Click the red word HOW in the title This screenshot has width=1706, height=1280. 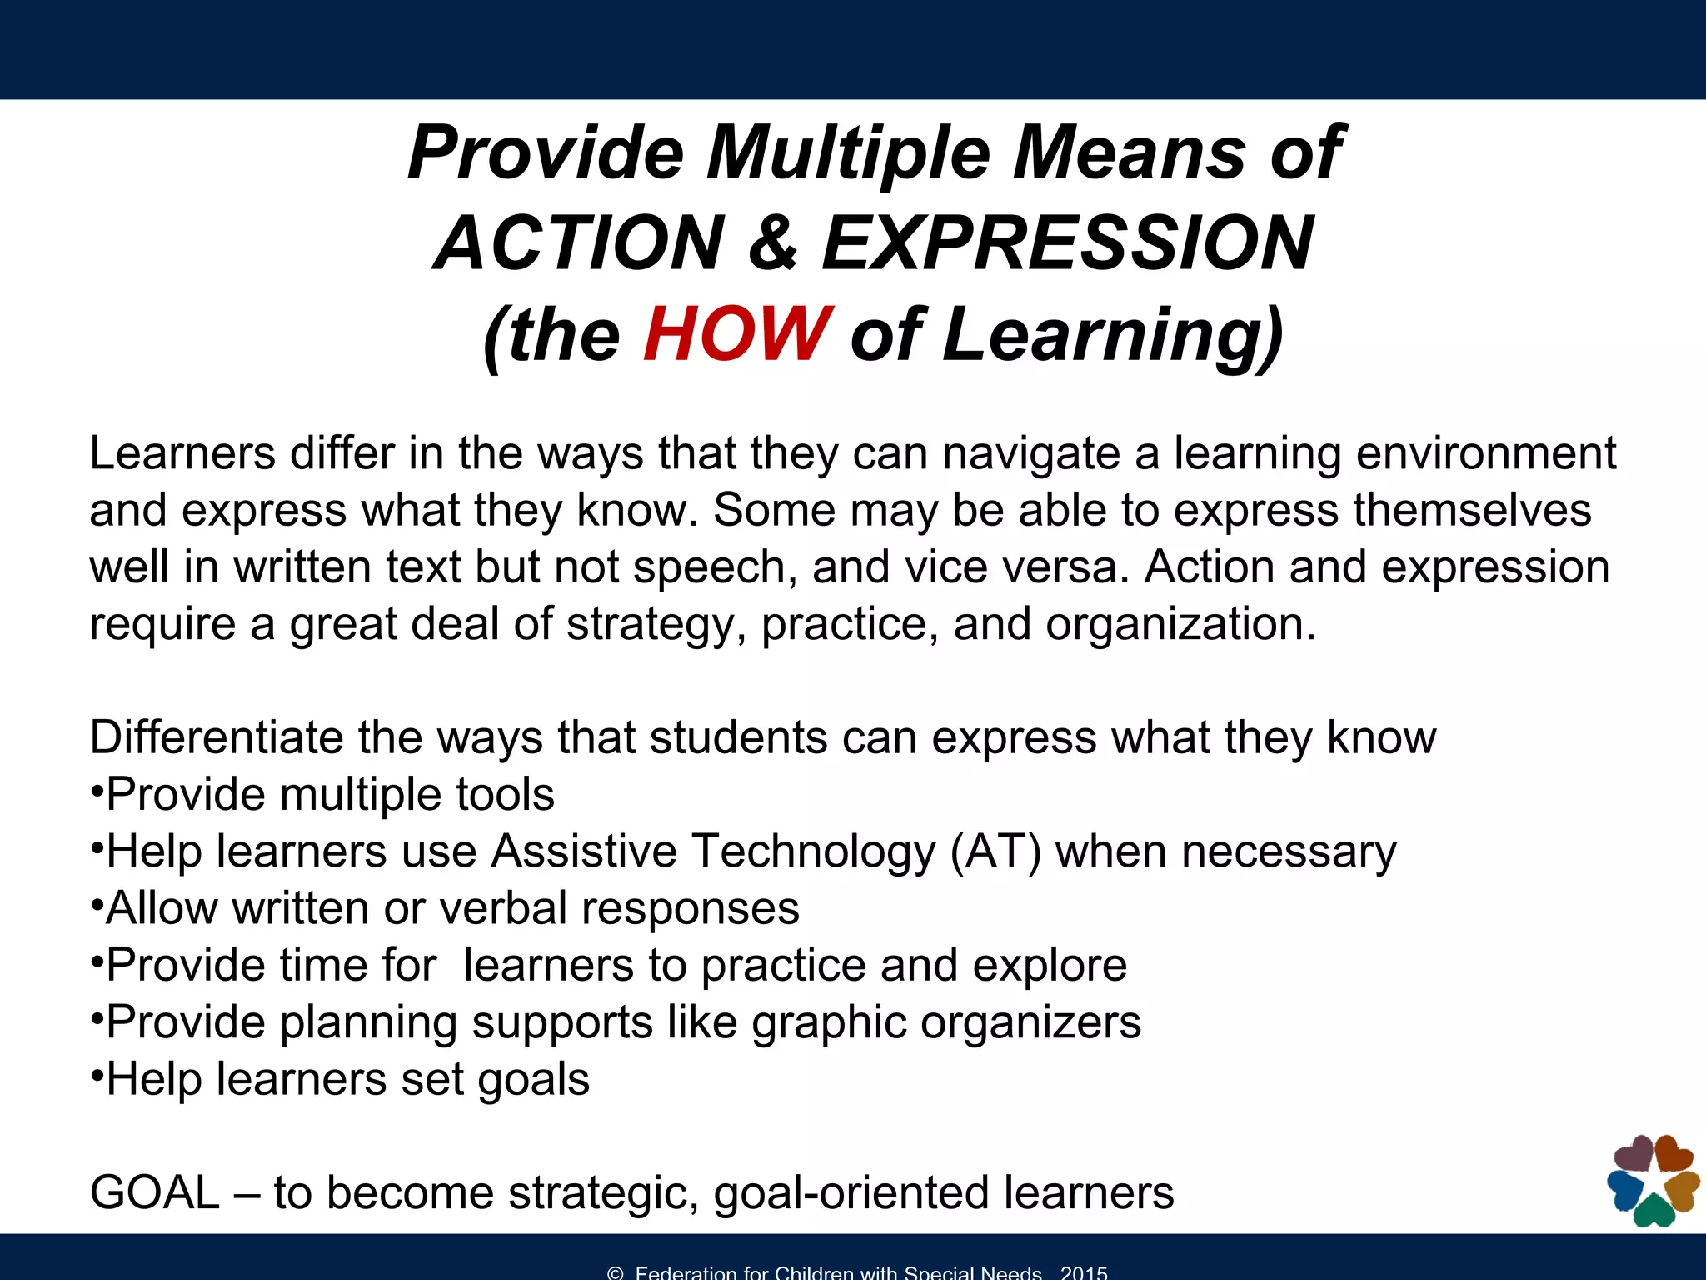click(736, 333)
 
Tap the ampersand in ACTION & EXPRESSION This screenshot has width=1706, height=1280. click(772, 243)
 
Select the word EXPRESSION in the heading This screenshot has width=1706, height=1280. click(1067, 243)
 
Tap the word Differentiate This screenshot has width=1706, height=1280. click(216, 737)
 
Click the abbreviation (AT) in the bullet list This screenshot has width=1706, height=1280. click(995, 852)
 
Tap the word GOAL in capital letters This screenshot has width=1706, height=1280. click(155, 1193)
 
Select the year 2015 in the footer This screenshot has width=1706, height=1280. click(1084, 1272)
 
